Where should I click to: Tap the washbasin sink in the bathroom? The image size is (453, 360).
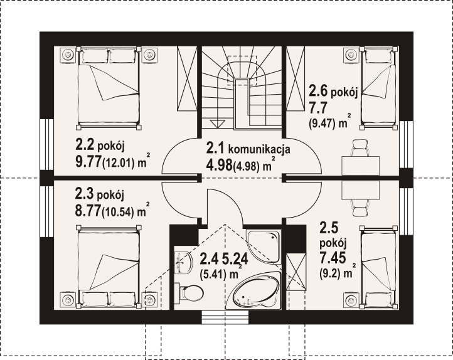point(183,262)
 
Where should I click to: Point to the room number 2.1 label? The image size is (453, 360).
point(216,149)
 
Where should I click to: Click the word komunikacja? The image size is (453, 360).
point(259,149)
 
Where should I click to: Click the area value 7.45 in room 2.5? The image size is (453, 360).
point(333,258)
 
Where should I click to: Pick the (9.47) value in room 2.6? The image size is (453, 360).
point(322,124)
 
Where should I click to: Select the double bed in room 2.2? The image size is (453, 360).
point(109,87)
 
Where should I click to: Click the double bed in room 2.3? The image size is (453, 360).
point(109,266)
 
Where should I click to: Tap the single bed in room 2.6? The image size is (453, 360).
point(378,87)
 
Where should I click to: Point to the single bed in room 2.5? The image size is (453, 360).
point(378,266)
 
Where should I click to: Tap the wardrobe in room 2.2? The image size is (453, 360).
point(187,78)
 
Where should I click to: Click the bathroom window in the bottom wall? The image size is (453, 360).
point(225,317)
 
